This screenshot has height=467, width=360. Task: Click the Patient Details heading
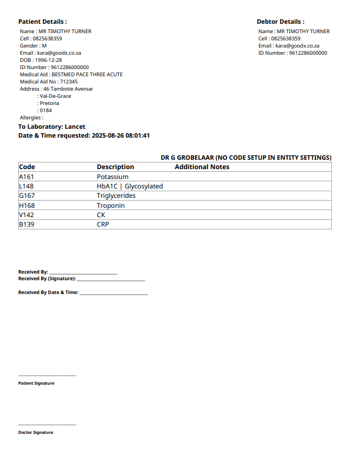click(x=43, y=22)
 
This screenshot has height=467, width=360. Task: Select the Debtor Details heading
click(x=280, y=22)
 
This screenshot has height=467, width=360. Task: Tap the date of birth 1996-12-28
click(x=48, y=60)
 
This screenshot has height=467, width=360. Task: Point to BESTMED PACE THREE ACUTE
click(x=87, y=75)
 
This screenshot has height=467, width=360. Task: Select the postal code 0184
click(x=45, y=111)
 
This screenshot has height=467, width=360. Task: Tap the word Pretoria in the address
click(x=49, y=103)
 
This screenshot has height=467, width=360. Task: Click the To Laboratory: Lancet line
click(x=52, y=127)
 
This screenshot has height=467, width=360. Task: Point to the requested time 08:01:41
click(x=137, y=135)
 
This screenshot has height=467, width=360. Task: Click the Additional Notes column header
click(x=202, y=167)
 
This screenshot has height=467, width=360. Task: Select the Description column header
click(x=115, y=167)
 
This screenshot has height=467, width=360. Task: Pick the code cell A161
click(x=27, y=177)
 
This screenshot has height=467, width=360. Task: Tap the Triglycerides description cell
click(x=116, y=196)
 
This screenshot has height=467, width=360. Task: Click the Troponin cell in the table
click(x=110, y=206)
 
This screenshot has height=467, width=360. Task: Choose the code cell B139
click(x=27, y=225)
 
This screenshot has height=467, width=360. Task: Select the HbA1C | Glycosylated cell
click(x=130, y=186)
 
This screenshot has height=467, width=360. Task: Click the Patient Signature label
click(x=36, y=384)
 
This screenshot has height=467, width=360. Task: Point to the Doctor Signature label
click(x=36, y=433)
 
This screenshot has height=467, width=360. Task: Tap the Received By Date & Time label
click(x=48, y=293)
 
